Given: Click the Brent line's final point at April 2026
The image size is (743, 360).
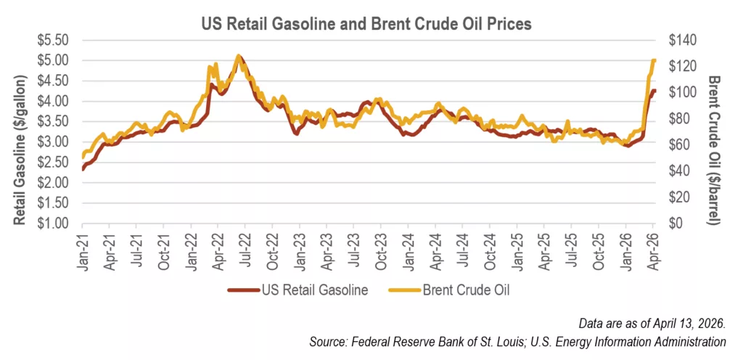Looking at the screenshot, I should (x=654, y=60).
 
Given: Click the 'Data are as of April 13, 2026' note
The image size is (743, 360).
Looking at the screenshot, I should (x=652, y=321).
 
